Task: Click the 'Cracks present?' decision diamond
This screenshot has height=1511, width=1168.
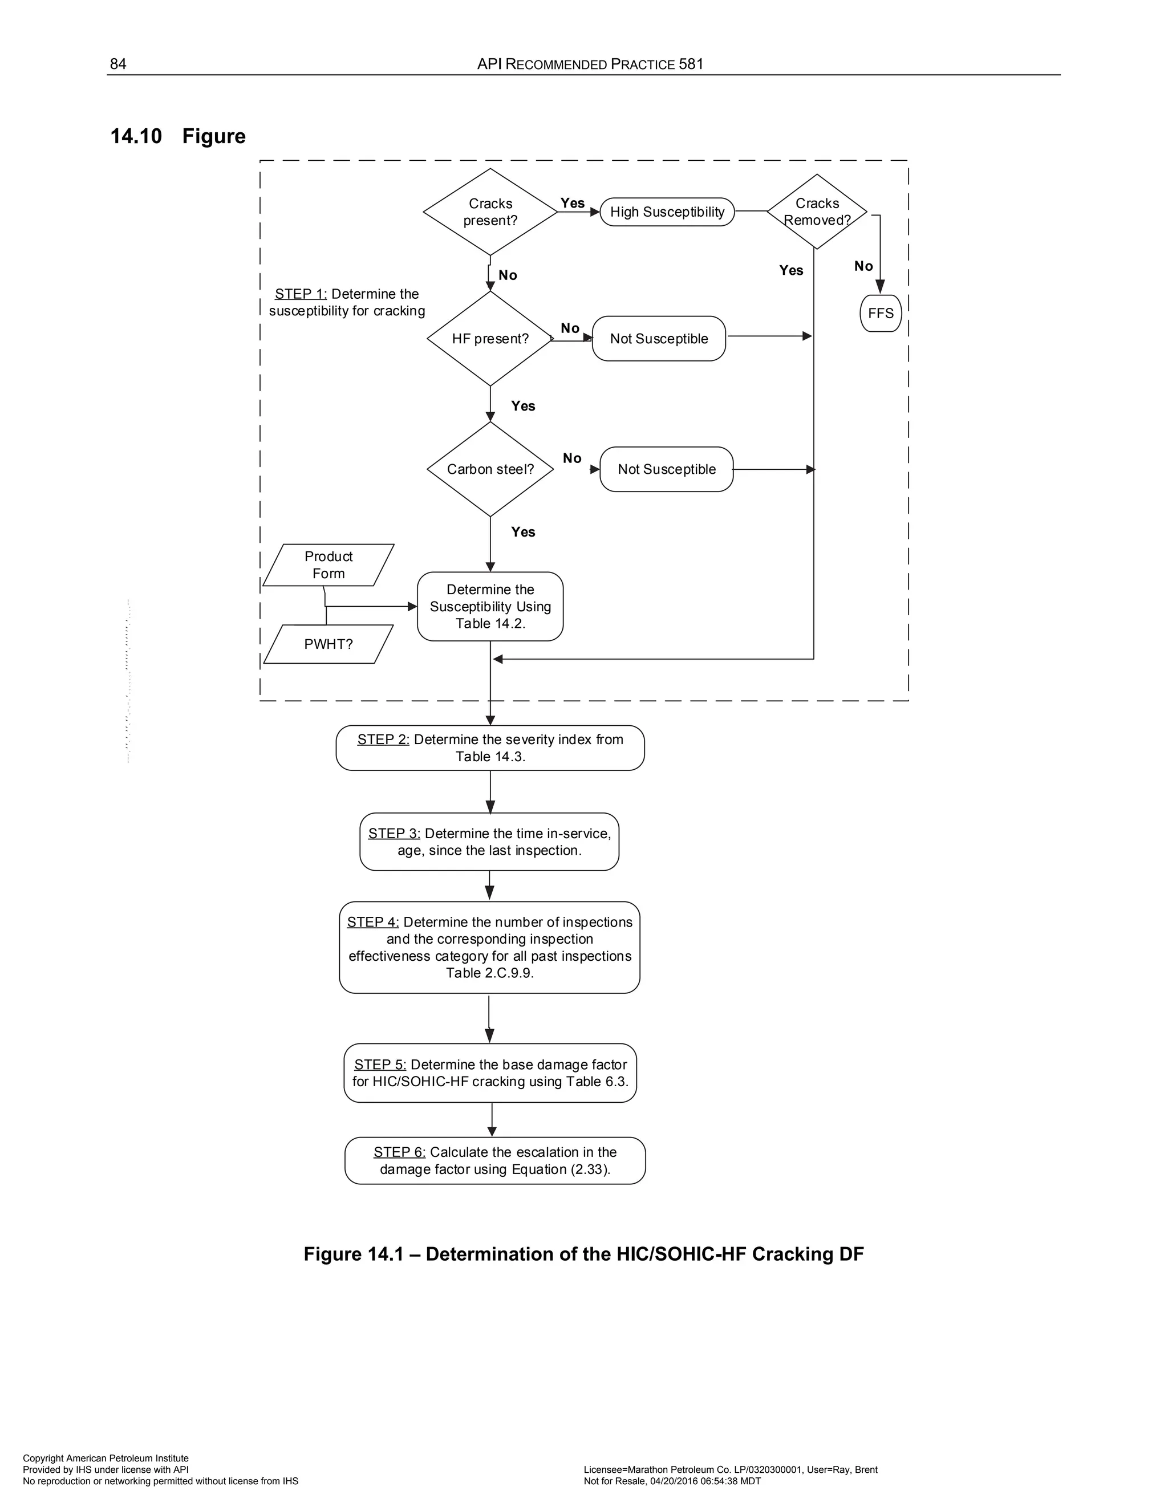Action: (x=490, y=212)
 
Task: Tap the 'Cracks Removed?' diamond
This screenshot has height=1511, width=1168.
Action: (x=817, y=212)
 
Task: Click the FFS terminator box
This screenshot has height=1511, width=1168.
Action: (x=880, y=314)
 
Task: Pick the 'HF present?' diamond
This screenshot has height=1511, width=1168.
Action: (x=490, y=338)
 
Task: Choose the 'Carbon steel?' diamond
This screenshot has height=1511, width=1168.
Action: (x=490, y=469)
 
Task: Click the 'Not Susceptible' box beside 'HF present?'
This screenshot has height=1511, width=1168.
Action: (x=659, y=338)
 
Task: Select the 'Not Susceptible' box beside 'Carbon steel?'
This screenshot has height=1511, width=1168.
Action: (x=666, y=469)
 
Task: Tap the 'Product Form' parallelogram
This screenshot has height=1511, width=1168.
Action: (x=328, y=565)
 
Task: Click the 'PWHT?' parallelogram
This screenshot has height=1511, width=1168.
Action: (x=328, y=644)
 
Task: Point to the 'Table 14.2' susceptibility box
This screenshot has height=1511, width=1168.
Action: (x=490, y=606)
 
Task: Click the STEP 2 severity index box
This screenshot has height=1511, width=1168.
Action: (x=490, y=748)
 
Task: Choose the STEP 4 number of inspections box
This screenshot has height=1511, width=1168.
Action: (x=489, y=947)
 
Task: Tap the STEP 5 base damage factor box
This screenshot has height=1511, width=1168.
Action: (x=490, y=1073)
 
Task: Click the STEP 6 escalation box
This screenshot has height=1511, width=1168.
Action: (x=494, y=1160)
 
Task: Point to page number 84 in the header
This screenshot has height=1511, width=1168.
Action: (x=118, y=64)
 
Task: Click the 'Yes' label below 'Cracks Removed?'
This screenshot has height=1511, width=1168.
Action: (x=791, y=270)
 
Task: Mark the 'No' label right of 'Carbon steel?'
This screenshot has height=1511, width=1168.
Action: (x=572, y=458)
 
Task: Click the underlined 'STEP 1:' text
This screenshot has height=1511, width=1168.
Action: (x=301, y=294)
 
